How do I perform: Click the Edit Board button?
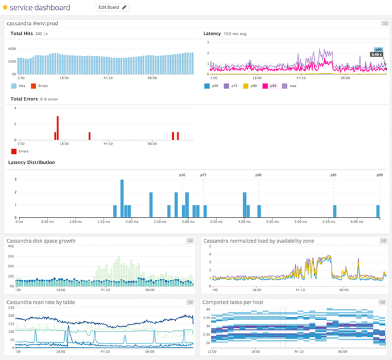coord(112,8)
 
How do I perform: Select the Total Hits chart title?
coord(21,34)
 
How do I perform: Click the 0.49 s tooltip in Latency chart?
coord(376,55)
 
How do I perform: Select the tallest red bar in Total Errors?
coord(58,128)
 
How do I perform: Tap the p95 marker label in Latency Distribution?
coord(334,175)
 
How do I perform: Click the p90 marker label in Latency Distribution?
coord(258,175)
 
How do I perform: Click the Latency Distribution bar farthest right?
coord(378,211)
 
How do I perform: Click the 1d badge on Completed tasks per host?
coord(383,302)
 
